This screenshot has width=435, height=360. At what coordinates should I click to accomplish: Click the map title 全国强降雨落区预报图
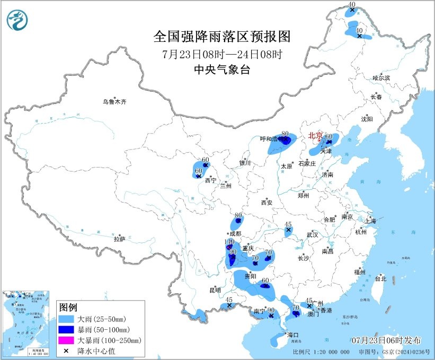[222, 37]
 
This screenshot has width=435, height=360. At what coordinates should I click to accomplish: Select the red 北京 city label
[316, 136]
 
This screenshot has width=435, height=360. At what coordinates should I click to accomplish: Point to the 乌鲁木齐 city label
[115, 102]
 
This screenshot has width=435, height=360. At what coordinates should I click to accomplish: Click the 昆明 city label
[215, 290]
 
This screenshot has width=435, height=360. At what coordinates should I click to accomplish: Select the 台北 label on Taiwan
[380, 278]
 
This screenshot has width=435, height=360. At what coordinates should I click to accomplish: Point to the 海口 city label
[293, 335]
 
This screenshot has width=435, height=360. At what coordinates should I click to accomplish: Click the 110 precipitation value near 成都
[229, 242]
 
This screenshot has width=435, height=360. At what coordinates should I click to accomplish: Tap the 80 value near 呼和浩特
[285, 134]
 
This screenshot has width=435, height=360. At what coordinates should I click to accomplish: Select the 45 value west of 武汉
[289, 224]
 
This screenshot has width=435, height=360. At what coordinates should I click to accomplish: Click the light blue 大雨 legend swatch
[67, 320]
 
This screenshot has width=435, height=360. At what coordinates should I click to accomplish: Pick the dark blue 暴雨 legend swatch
[67, 330]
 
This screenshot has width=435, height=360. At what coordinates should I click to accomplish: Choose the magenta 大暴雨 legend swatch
[67, 340]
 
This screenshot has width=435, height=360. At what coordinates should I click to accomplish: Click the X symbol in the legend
[67, 350]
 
